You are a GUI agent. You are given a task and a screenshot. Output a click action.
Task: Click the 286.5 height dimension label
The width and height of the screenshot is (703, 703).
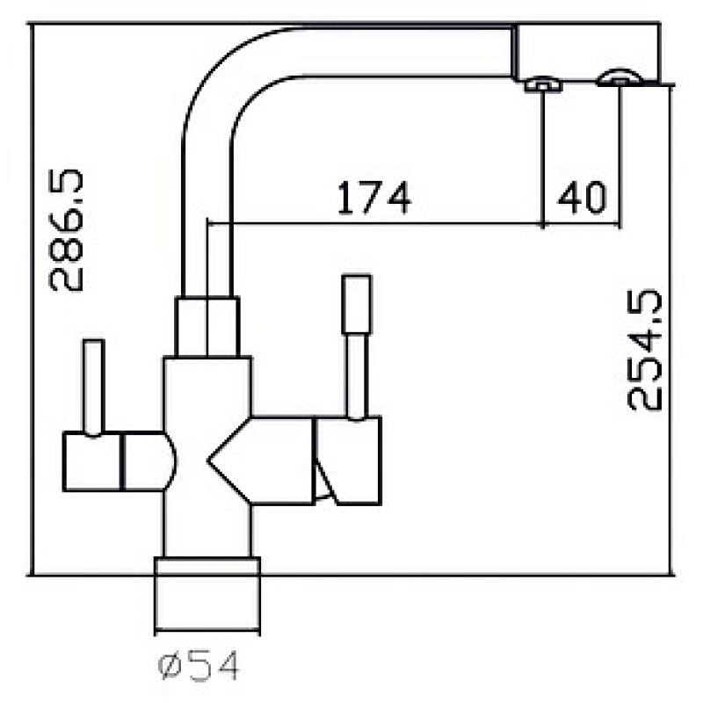(66, 230)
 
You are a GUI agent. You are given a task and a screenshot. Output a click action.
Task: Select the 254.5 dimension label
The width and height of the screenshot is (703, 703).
(644, 351)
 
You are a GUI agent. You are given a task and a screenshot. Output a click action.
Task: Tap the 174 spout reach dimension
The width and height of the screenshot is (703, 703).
(373, 198)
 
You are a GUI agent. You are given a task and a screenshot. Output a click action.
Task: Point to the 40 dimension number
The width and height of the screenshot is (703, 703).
(582, 197)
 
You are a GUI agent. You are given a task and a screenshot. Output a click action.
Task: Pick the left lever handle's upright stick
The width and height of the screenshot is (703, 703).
(94, 388)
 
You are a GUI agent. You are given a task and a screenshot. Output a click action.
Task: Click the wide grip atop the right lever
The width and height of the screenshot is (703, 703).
(357, 304)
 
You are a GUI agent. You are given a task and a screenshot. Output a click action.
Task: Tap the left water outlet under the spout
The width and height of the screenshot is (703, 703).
(543, 84)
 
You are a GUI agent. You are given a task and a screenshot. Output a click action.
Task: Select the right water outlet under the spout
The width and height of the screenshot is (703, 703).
(620, 77)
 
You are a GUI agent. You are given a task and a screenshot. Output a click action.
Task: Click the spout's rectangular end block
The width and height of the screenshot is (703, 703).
(587, 53)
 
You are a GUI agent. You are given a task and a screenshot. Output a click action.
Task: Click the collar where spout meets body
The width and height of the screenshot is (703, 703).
(207, 327)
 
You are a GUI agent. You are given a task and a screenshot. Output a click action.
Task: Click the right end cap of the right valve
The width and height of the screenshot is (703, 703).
(348, 460)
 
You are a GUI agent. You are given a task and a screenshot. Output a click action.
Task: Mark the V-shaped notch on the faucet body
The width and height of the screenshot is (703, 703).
(229, 460)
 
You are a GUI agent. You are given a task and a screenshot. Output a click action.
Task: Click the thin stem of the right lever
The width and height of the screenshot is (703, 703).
(357, 377)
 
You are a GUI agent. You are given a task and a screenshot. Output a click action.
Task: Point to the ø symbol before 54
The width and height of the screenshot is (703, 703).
(170, 666)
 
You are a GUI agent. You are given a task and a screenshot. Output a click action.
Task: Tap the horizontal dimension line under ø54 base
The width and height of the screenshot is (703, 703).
(207, 631)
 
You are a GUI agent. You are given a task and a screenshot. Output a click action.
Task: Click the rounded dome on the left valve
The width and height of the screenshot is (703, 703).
(170, 461)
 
